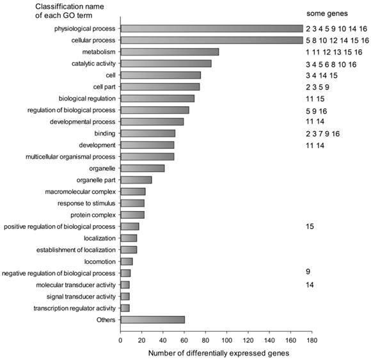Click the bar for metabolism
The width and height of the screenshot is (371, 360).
click(x=170, y=52)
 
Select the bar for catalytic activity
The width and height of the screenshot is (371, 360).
click(x=166, y=63)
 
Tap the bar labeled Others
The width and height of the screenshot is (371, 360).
click(x=152, y=319)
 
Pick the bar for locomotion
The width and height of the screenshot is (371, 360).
click(x=127, y=261)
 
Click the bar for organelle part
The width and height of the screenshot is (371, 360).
click(x=136, y=180)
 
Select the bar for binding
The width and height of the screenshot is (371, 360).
click(x=148, y=133)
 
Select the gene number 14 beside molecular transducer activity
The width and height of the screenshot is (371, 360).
click(x=310, y=285)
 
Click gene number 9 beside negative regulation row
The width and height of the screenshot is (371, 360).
click(x=308, y=272)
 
